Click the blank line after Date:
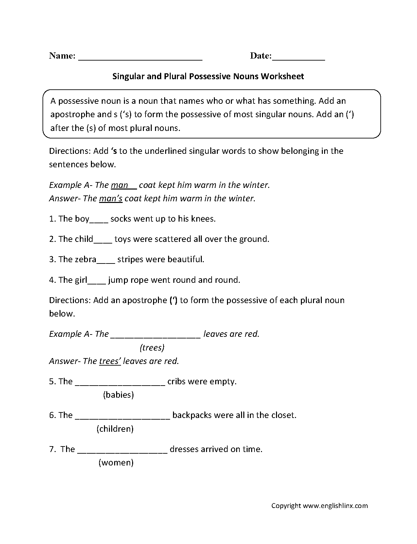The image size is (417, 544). click(298, 58)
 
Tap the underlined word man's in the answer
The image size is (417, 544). click(111, 199)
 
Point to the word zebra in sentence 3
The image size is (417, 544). click(86, 260)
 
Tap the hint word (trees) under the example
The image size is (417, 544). click(152, 348)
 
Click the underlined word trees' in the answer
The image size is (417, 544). click(110, 361)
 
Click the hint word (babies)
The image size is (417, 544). click(118, 395)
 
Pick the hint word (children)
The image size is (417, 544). click(115, 429)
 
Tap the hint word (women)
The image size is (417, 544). click(116, 463)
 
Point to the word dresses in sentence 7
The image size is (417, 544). click(184, 449)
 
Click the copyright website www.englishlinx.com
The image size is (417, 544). click(335, 506)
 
